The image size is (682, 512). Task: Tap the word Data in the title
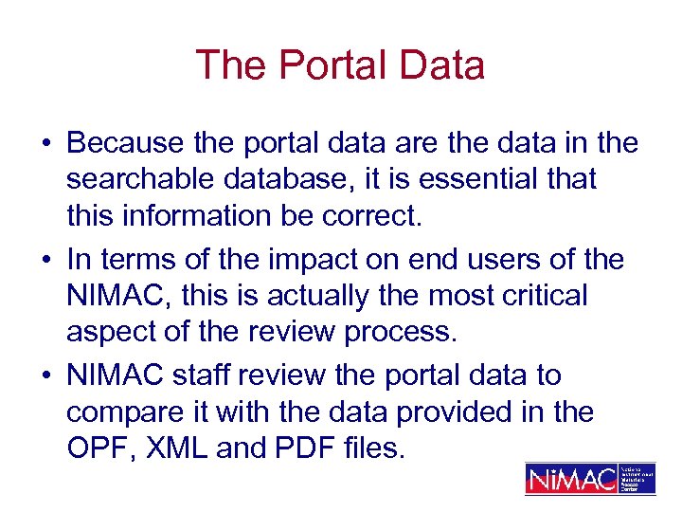441,65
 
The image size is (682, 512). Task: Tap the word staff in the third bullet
204,375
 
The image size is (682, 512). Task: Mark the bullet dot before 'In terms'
45,260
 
